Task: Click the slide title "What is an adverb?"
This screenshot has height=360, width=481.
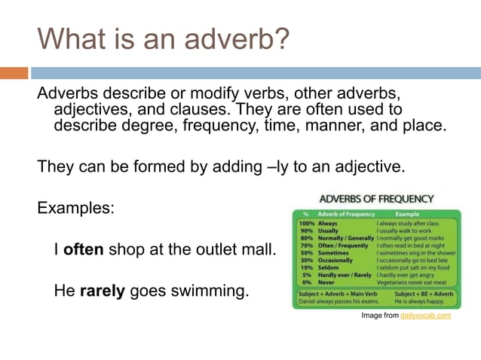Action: (x=162, y=38)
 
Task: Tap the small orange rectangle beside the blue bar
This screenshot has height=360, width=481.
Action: (x=14, y=73)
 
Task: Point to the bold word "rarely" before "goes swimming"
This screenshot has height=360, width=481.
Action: (x=103, y=289)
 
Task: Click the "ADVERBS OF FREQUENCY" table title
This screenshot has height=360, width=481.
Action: (x=377, y=199)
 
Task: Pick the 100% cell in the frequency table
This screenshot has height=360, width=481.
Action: (x=306, y=224)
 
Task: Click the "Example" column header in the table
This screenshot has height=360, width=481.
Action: (x=412, y=215)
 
